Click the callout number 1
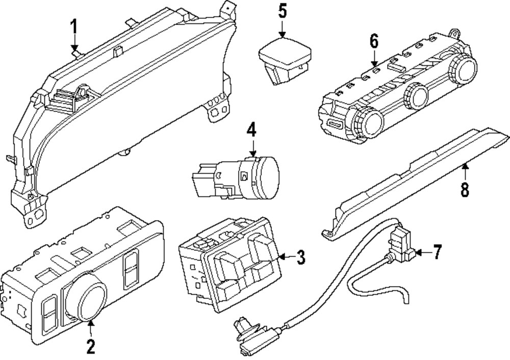click(x=74, y=25)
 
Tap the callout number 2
click(x=90, y=347)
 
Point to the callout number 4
click(x=251, y=130)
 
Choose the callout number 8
click(x=465, y=190)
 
